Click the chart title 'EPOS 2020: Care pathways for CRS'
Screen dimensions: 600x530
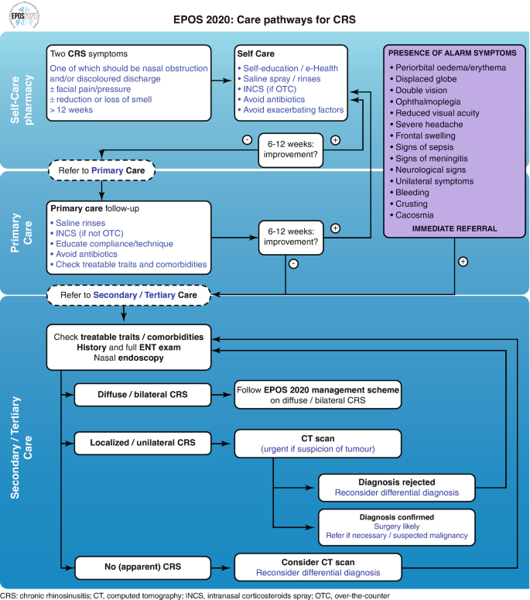pyautogui.click(x=265, y=19)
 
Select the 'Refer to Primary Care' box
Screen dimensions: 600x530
pyautogui.click(x=101, y=170)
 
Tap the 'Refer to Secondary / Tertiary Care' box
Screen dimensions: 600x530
pyautogui.click(x=123, y=294)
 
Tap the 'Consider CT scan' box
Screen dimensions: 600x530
pyautogui.click(x=317, y=566)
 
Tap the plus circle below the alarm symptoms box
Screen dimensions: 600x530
pyautogui.click(x=463, y=261)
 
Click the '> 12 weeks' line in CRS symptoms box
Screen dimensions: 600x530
pyautogui.click(x=72, y=110)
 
